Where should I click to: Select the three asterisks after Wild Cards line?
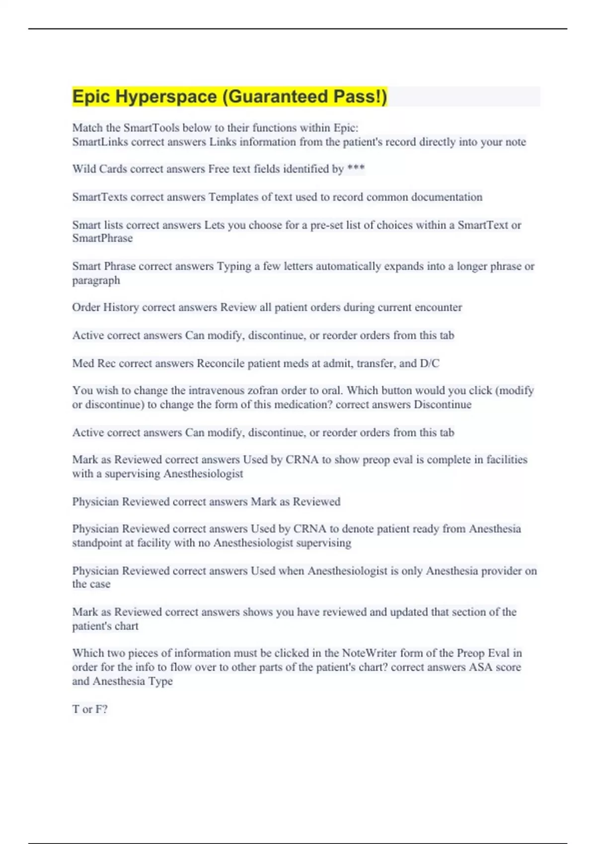click(356, 169)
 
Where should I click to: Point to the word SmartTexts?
click(100, 197)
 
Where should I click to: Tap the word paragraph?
click(96, 281)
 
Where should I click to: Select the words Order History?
click(105, 307)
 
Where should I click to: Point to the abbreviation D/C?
click(430, 363)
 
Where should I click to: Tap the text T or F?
click(90, 709)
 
